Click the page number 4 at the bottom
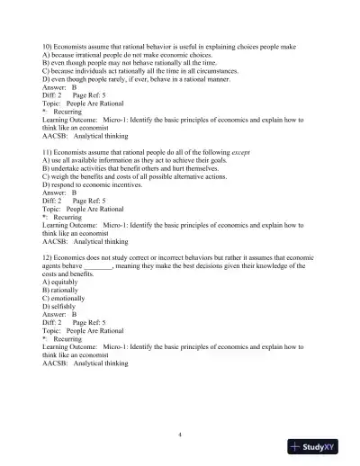click(180, 435)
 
